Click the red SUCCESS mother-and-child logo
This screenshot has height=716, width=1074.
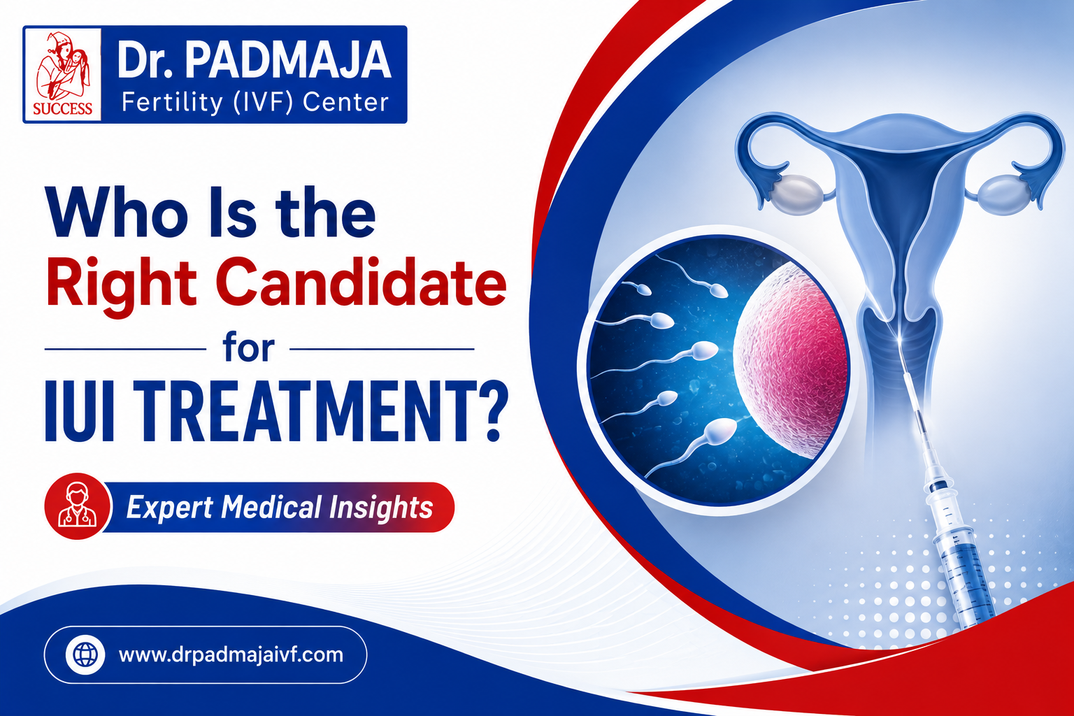tap(62, 74)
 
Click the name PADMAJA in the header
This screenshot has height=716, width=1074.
tap(288, 60)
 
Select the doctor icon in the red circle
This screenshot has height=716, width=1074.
tap(77, 506)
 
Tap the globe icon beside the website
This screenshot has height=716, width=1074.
tap(85, 654)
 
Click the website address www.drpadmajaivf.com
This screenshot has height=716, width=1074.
tap(231, 655)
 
